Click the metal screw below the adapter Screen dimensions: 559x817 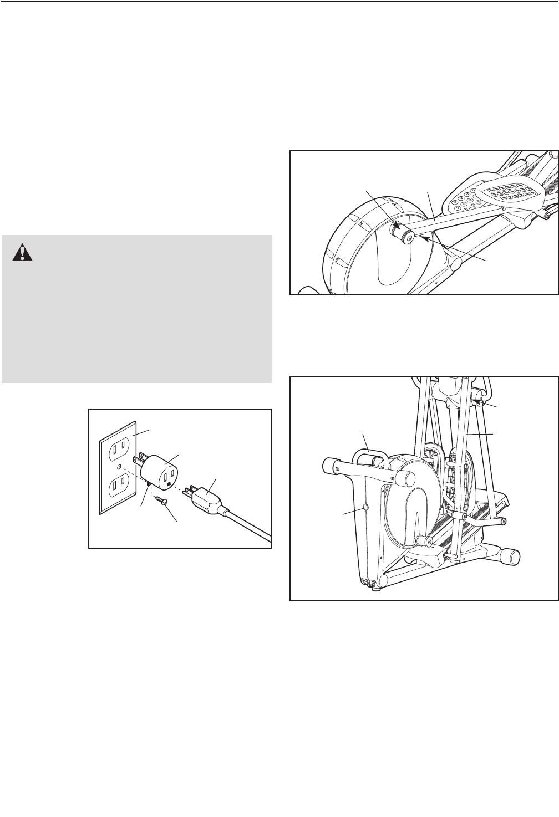pos(161,502)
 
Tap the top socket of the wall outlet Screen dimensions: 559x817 pos(118,445)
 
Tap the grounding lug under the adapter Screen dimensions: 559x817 pos(148,486)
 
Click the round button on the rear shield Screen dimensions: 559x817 pos(365,507)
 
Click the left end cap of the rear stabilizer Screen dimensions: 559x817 pos(329,464)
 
